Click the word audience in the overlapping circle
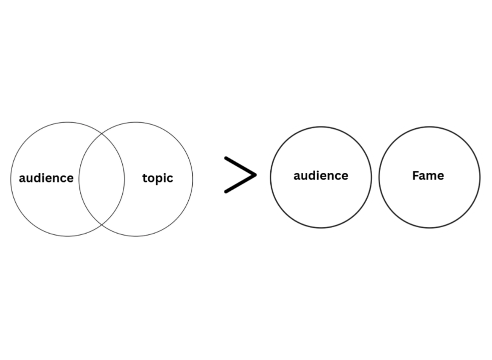tap(46, 178)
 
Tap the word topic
tap(157, 178)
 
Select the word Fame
tap(428, 175)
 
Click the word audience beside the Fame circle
tap(321, 175)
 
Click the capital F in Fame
tap(416, 175)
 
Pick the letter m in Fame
tap(431, 176)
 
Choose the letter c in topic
tap(170, 178)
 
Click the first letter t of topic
tap(145, 178)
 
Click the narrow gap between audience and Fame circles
tap(375, 177)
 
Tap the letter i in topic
tap(165, 177)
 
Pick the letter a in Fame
tap(422, 176)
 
